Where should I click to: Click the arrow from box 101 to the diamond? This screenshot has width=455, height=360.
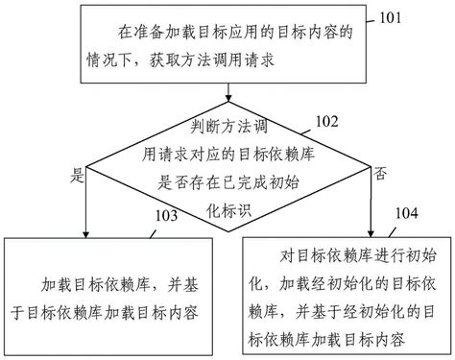(x=227, y=91)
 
